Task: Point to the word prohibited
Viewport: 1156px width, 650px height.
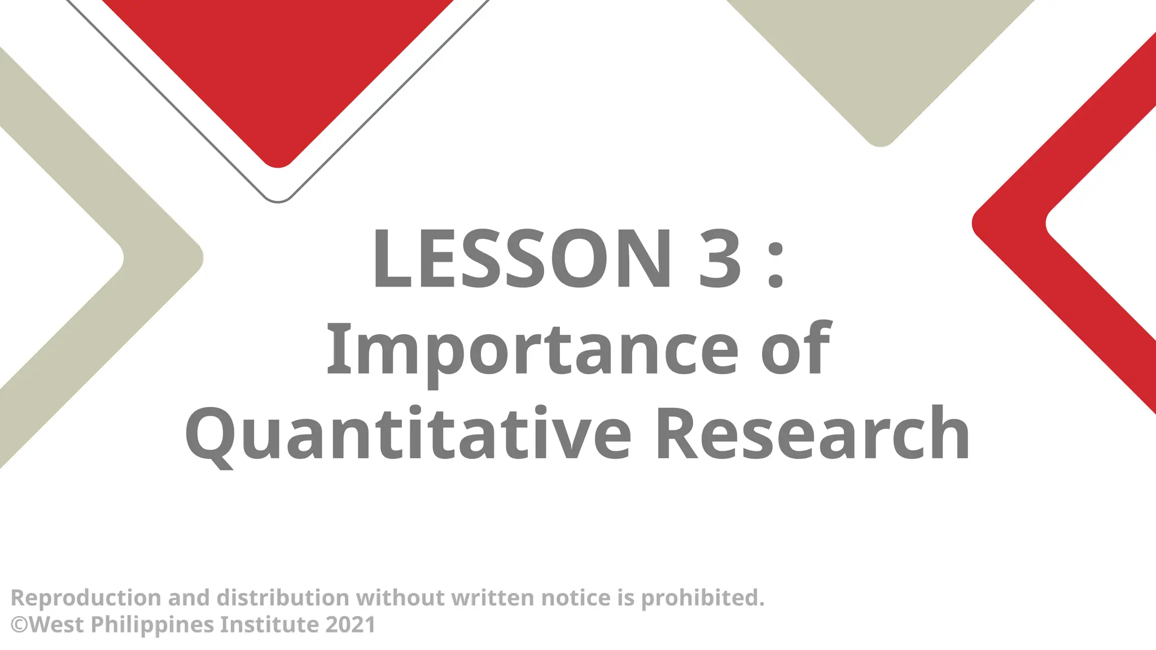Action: tap(703, 598)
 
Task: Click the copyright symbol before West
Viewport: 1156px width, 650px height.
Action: tap(19, 625)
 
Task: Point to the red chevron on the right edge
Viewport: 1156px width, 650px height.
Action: tap(1067, 226)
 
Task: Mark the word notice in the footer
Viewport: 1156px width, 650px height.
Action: tap(575, 598)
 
